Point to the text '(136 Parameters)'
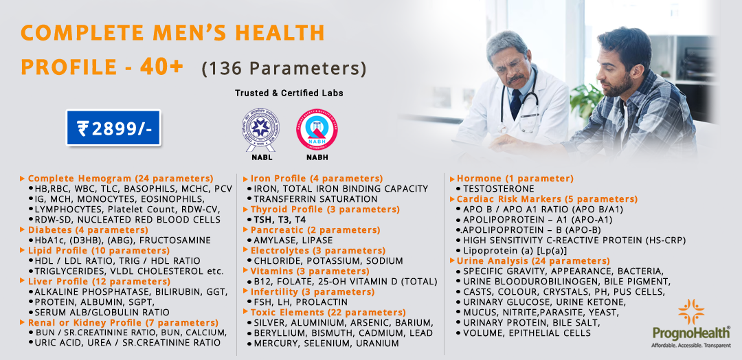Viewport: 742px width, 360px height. point(284,69)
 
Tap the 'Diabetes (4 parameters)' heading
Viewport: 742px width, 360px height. point(78,230)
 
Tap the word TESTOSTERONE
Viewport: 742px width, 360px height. point(498,189)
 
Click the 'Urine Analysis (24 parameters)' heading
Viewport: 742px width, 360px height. point(533,261)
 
